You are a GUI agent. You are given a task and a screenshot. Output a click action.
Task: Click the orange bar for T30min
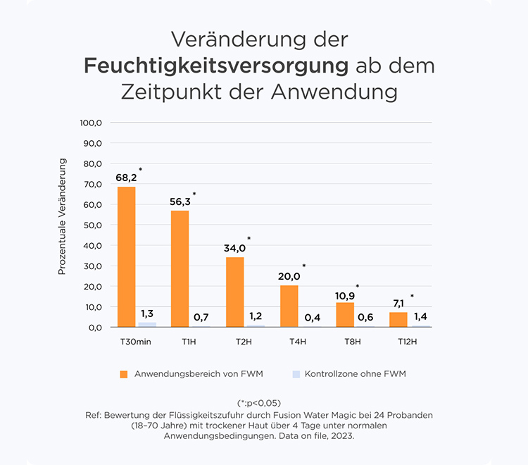[127, 257]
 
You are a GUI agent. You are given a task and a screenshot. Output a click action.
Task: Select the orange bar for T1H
[180, 268]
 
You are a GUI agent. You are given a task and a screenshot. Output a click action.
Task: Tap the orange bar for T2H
[235, 292]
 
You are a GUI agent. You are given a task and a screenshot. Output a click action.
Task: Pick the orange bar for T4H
[289, 306]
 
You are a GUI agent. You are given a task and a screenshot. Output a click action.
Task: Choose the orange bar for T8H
[344, 315]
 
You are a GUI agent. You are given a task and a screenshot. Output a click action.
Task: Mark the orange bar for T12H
[398, 319]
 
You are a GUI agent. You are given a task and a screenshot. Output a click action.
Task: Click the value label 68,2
[126, 177]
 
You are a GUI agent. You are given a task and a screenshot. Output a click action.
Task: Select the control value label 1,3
[148, 313]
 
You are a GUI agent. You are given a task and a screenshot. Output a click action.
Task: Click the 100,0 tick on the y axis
[92, 123]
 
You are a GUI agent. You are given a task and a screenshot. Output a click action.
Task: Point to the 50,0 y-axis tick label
[92, 225]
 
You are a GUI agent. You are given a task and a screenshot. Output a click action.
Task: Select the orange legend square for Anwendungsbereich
[124, 373]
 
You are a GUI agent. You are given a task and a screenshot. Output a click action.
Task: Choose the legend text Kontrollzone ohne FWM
[356, 373]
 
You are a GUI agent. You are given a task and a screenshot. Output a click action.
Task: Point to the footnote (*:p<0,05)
[264, 403]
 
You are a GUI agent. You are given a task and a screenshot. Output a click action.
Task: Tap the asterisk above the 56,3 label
[194, 194]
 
